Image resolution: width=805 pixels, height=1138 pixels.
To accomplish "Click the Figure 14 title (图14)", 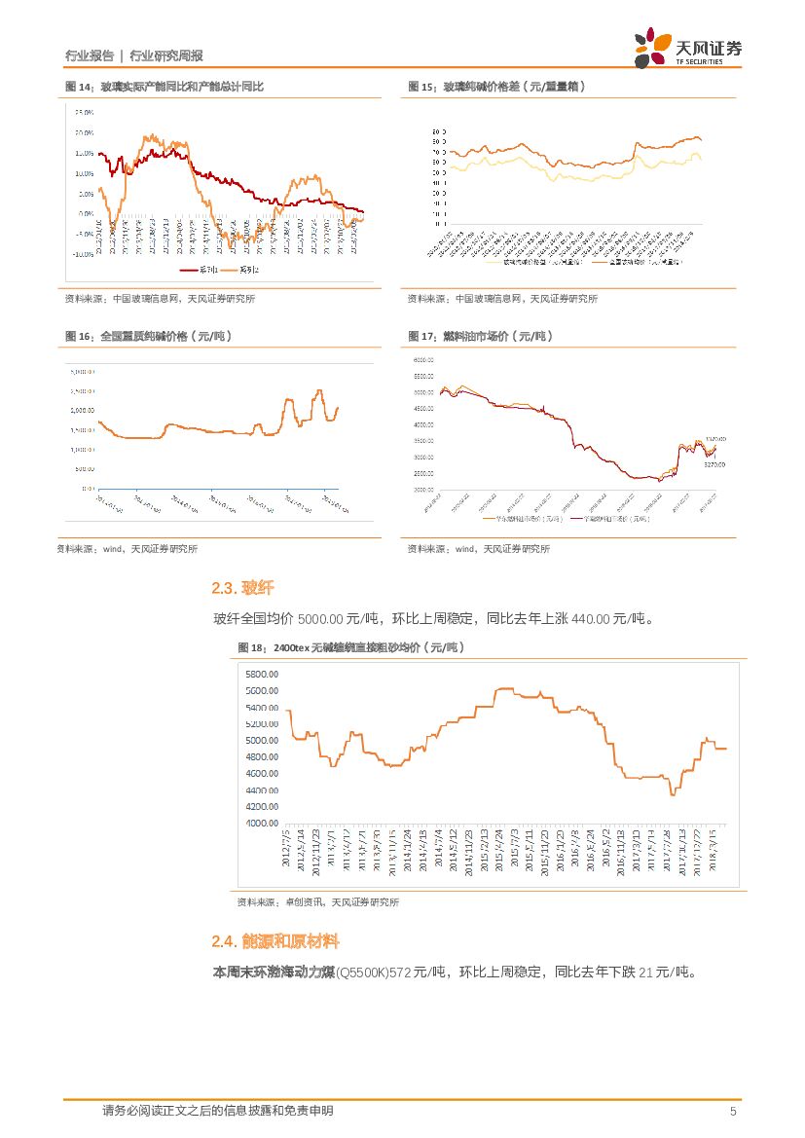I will click(x=165, y=87).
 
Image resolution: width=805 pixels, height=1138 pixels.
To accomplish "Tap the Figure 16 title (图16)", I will click(x=148, y=336).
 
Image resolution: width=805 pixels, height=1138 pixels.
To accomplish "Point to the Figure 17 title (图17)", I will click(x=480, y=336).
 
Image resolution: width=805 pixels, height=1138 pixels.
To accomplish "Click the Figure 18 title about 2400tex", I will click(x=350, y=647).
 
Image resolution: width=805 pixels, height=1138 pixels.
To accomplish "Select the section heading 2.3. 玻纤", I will click(x=242, y=588).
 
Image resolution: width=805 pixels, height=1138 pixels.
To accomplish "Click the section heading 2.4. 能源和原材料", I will click(x=275, y=941).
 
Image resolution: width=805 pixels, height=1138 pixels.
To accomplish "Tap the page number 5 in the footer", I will click(x=733, y=1111).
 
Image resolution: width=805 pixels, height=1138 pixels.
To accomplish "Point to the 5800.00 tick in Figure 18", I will click(x=262, y=675).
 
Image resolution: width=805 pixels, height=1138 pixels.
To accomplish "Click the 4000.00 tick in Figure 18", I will click(x=262, y=823).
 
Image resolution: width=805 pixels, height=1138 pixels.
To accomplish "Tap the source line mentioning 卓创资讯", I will click(x=317, y=902).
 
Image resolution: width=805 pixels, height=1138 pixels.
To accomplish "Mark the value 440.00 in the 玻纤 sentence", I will click(x=591, y=618).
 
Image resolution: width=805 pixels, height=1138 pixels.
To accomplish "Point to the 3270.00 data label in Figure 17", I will click(x=716, y=465).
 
